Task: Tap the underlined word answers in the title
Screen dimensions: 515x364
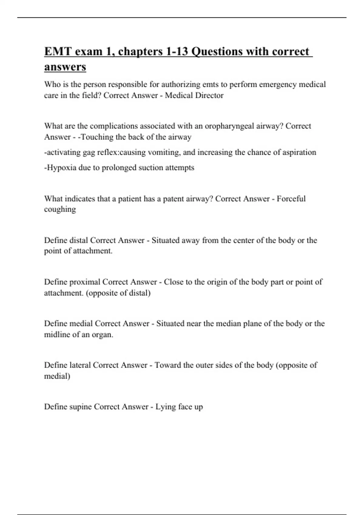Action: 65,67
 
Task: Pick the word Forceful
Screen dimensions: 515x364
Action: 291,199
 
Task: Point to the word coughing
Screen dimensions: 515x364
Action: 60,209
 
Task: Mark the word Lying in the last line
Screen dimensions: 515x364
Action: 165,407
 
